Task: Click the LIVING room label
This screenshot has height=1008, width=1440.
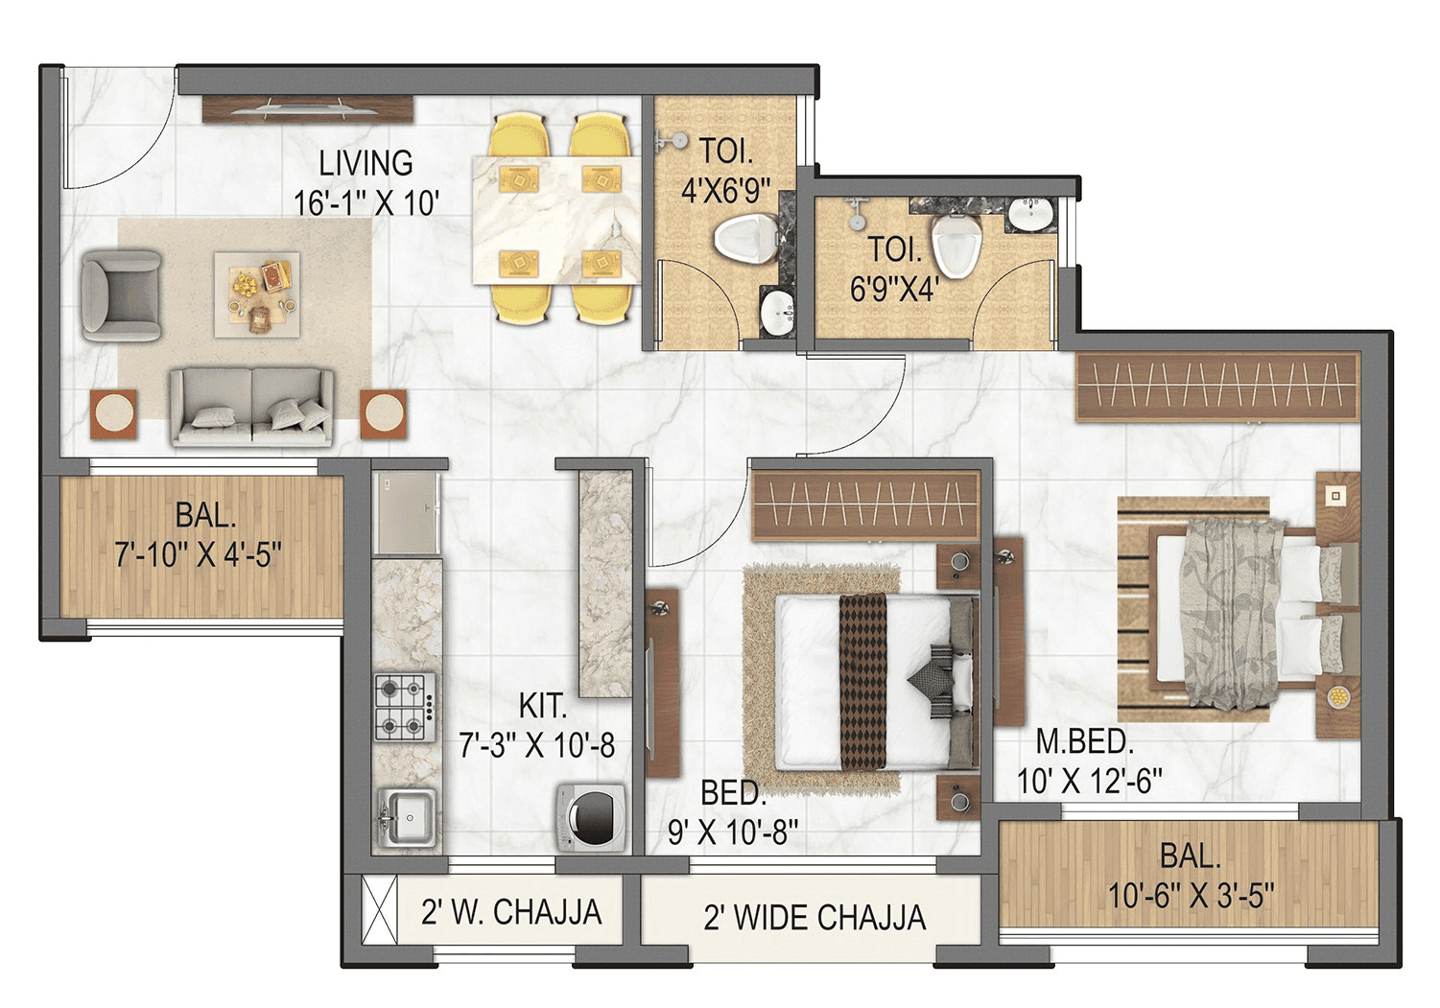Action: (366, 163)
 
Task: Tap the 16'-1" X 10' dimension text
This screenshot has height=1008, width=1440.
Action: (366, 203)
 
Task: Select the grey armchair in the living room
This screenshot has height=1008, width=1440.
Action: (120, 294)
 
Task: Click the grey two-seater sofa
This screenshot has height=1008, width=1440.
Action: (252, 406)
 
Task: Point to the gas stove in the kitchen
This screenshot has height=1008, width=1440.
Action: (404, 707)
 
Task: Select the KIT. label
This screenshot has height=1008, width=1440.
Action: (543, 707)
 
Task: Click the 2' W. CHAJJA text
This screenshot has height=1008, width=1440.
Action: (511, 911)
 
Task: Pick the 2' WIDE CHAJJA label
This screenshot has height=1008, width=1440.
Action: (814, 918)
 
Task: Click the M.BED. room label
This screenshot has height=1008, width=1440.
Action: (1084, 741)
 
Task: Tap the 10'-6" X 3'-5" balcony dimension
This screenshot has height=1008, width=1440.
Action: (1191, 896)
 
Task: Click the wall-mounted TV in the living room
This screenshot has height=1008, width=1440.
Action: (308, 107)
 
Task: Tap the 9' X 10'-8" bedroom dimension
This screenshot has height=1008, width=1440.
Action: (733, 832)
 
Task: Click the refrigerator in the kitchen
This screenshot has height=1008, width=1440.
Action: (407, 513)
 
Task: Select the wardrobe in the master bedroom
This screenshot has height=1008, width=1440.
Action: (1217, 387)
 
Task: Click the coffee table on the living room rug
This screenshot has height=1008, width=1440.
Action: (256, 293)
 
